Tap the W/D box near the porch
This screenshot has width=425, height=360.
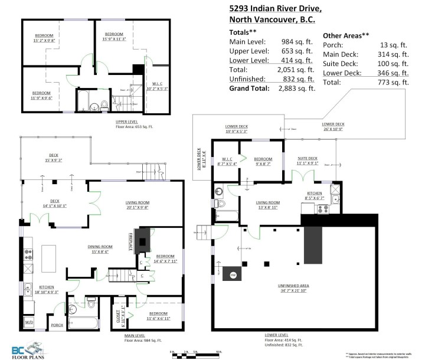point(29,322)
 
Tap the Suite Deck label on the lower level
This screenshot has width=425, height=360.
point(307,161)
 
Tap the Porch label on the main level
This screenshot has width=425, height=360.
point(57,325)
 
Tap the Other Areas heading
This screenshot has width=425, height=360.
point(345,35)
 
